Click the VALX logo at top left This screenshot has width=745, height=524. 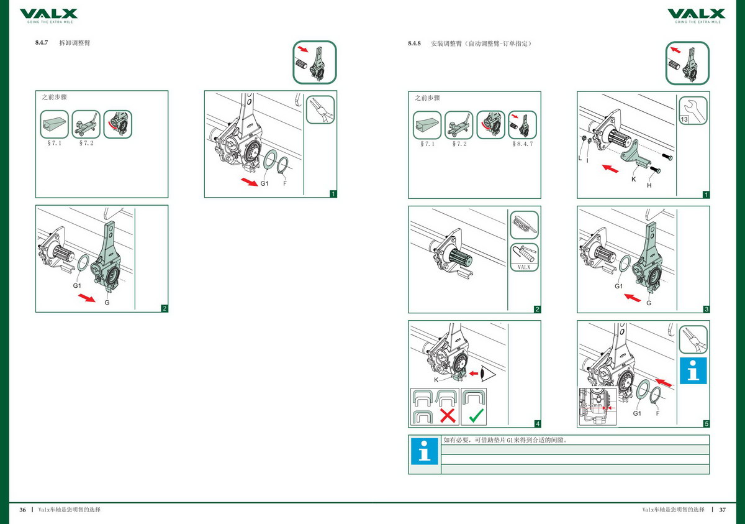pyautogui.click(x=48, y=14)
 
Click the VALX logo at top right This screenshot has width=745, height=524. pyautogui.click(x=696, y=14)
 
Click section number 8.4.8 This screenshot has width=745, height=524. pyautogui.click(x=415, y=44)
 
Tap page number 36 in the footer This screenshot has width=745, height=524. pyautogui.click(x=22, y=510)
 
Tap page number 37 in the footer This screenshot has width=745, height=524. pyautogui.click(x=722, y=510)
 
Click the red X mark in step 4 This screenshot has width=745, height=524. pyautogui.click(x=448, y=415)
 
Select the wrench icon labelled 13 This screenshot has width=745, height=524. pyautogui.click(x=693, y=110)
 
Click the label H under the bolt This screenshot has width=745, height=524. pyautogui.click(x=649, y=185)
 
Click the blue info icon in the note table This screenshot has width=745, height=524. pyautogui.click(x=424, y=453)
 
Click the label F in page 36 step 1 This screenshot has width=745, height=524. pyautogui.click(x=284, y=184)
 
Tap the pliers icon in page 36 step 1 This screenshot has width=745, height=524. pyautogui.click(x=320, y=110)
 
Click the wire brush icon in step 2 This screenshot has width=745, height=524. pyautogui.click(x=523, y=225)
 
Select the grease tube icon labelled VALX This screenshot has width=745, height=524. pyautogui.click(x=523, y=256)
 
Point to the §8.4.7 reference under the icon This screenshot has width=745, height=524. pyautogui.click(x=523, y=144)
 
